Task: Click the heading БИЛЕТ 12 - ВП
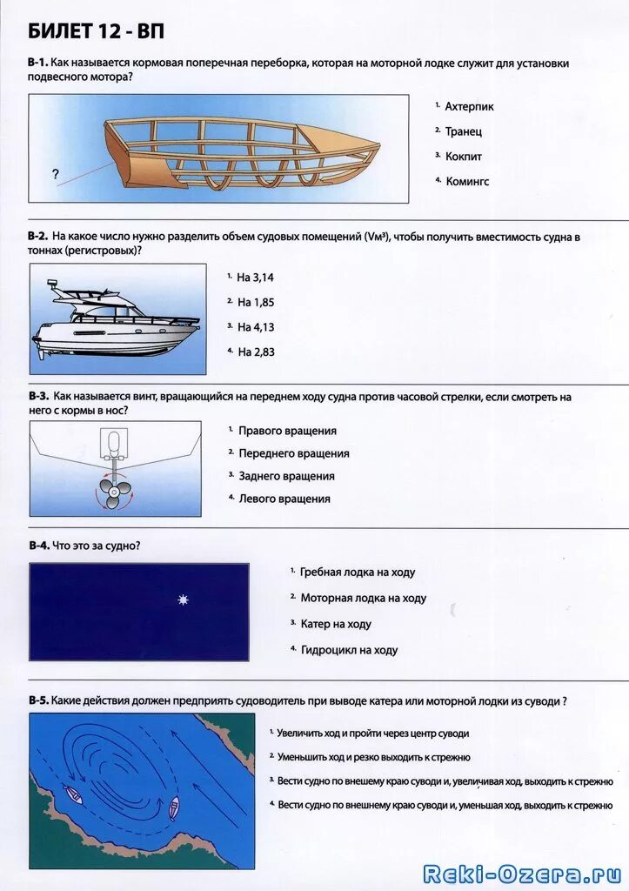(x=96, y=32)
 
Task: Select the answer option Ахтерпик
(x=469, y=106)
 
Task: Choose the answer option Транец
(x=463, y=131)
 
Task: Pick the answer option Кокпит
(x=463, y=157)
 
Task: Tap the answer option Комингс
(x=467, y=182)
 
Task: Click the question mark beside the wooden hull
(x=56, y=174)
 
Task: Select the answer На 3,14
(x=255, y=277)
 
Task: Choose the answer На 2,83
(x=255, y=352)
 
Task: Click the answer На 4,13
(x=255, y=327)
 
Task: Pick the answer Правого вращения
(x=287, y=431)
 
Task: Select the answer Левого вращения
(x=284, y=499)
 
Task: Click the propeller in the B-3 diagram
(x=114, y=493)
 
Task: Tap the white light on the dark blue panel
(x=183, y=600)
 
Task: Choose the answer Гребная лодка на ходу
(x=358, y=573)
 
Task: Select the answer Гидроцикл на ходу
(x=349, y=650)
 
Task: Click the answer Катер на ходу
(x=336, y=624)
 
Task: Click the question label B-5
(x=37, y=700)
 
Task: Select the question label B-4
(x=37, y=546)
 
